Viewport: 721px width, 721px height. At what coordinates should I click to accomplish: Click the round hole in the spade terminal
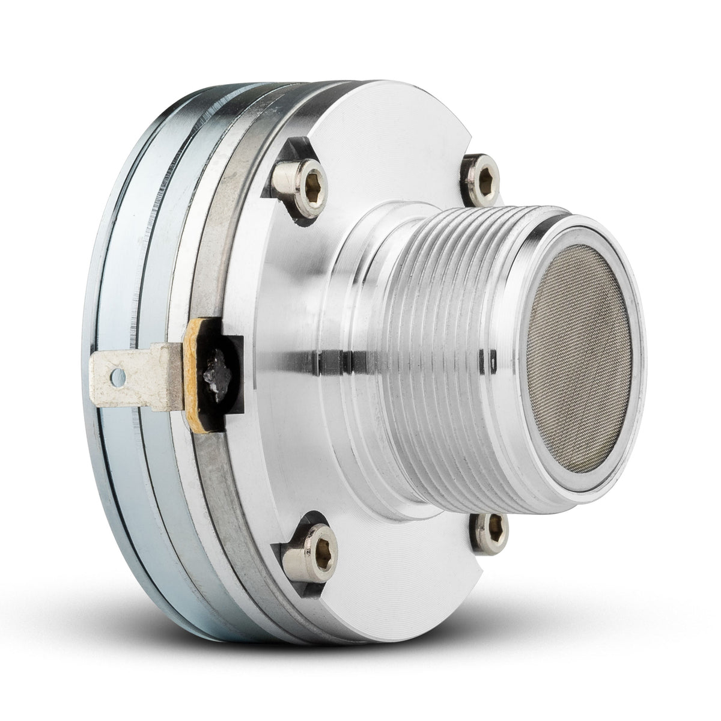119,377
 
